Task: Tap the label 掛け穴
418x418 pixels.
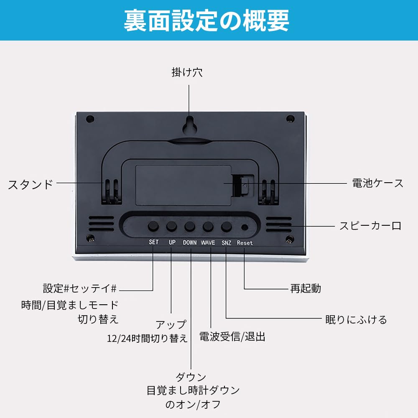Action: pos(187,72)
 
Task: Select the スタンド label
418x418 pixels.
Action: pos(31,184)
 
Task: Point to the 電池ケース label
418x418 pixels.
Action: pos(377,183)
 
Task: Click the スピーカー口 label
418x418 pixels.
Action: pos(370,226)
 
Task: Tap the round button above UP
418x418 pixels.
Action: pos(172,227)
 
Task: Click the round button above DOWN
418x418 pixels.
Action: pos(190,227)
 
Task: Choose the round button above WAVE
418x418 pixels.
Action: pos(208,227)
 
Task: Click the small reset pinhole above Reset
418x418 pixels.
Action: pos(245,227)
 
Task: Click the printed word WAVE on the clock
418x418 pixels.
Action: pos(208,242)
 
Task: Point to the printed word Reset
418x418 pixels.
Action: pos(245,243)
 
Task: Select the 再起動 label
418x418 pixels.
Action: pos(306,288)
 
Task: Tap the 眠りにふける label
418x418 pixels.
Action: pos(356,320)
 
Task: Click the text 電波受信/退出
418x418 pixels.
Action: pos(232,337)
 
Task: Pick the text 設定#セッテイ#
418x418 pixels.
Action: pos(80,288)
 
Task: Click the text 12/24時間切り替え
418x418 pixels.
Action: pos(147,338)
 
